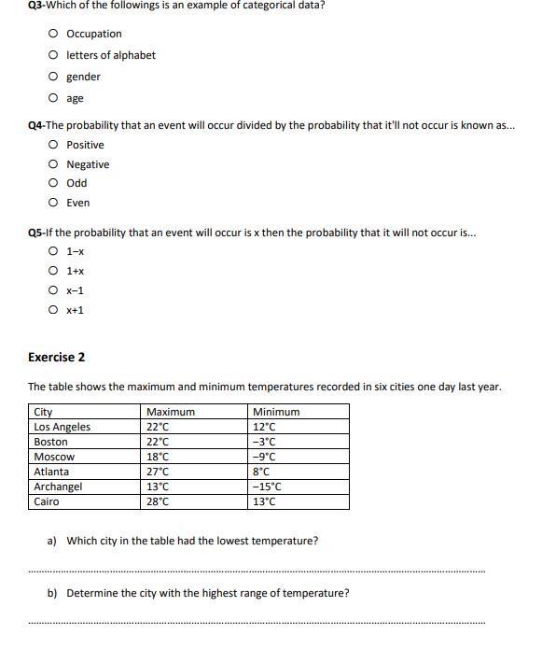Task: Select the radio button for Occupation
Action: (x=54, y=34)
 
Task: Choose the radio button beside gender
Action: (x=54, y=77)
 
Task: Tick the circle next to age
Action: (x=54, y=98)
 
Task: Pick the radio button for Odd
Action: (x=54, y=183)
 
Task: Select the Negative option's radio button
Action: (x=54, y=164)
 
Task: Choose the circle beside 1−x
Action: (x=54, y=251)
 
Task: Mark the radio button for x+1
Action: (x=54, y=310)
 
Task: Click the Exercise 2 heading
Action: (x=57, y=357)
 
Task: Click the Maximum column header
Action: (x=171, y=412)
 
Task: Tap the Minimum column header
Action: (x=276, y=412)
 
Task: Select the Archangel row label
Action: (x=58, y=487)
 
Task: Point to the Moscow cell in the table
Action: (x=54, y=457)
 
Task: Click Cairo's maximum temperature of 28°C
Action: (x=158, y=501)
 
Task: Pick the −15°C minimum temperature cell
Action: (x=267, y=487)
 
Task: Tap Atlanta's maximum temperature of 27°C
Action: (x=158, y=472)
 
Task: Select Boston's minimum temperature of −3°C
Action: (x=264, y=442)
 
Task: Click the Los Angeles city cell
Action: (x=63, y=427)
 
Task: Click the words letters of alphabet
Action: (x=111, y=55)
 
